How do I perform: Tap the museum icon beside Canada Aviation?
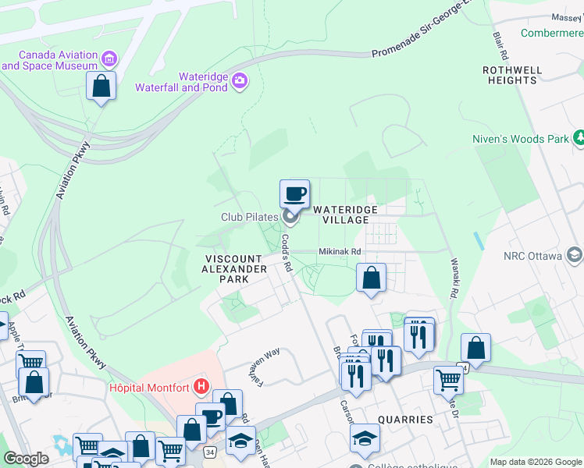pyautogui.click(x=109, y=58)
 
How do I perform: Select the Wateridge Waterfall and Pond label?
pyautogui.click(x=181, y=83)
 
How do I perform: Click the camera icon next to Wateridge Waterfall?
pyautogui.click(x=239, y=80)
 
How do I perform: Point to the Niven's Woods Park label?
pyautogui.click(x=521, y=139)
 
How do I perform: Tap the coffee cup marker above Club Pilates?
pyautogui.click(x=294, y=193)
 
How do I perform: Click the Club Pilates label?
pyautogui.click(x=249, y=217)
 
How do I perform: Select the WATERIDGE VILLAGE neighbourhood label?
pyautogui.click(x=345, y=215)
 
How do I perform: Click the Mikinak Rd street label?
pyautogui.click(x=340, y=252)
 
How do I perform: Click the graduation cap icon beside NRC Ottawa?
pyautogui.click(x=575, y=255)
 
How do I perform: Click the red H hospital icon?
pyautogui.click(x=201, y=385)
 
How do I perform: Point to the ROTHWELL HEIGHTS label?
pyautogui.click(x=512, y=75)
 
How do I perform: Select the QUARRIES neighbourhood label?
pyautogui.click(x=405, y=420)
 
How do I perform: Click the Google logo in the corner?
pyautogui.click(x=27, y=459)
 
